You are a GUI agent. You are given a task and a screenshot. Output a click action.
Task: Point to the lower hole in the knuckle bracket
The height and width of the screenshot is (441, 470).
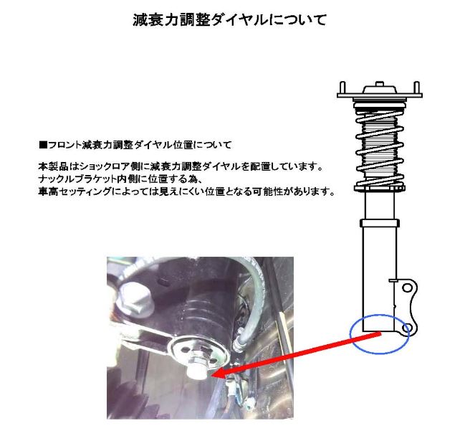click(x=408, y=328)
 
